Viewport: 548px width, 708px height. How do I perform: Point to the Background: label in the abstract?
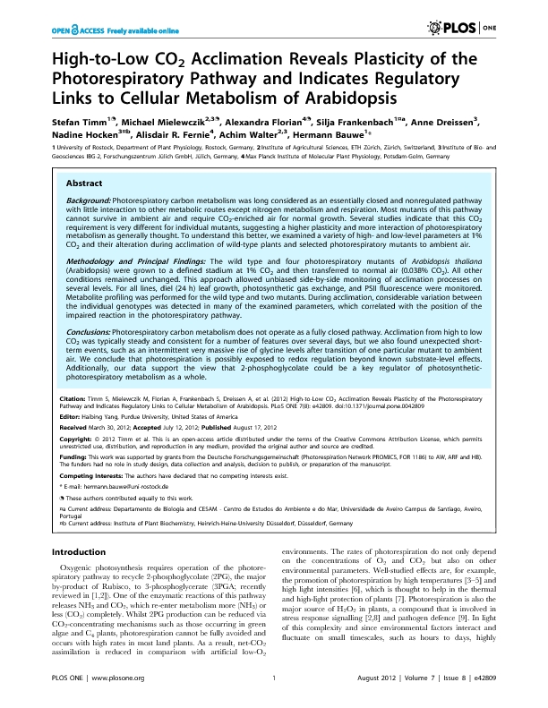pyautogui.click(x=89, y=200)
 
